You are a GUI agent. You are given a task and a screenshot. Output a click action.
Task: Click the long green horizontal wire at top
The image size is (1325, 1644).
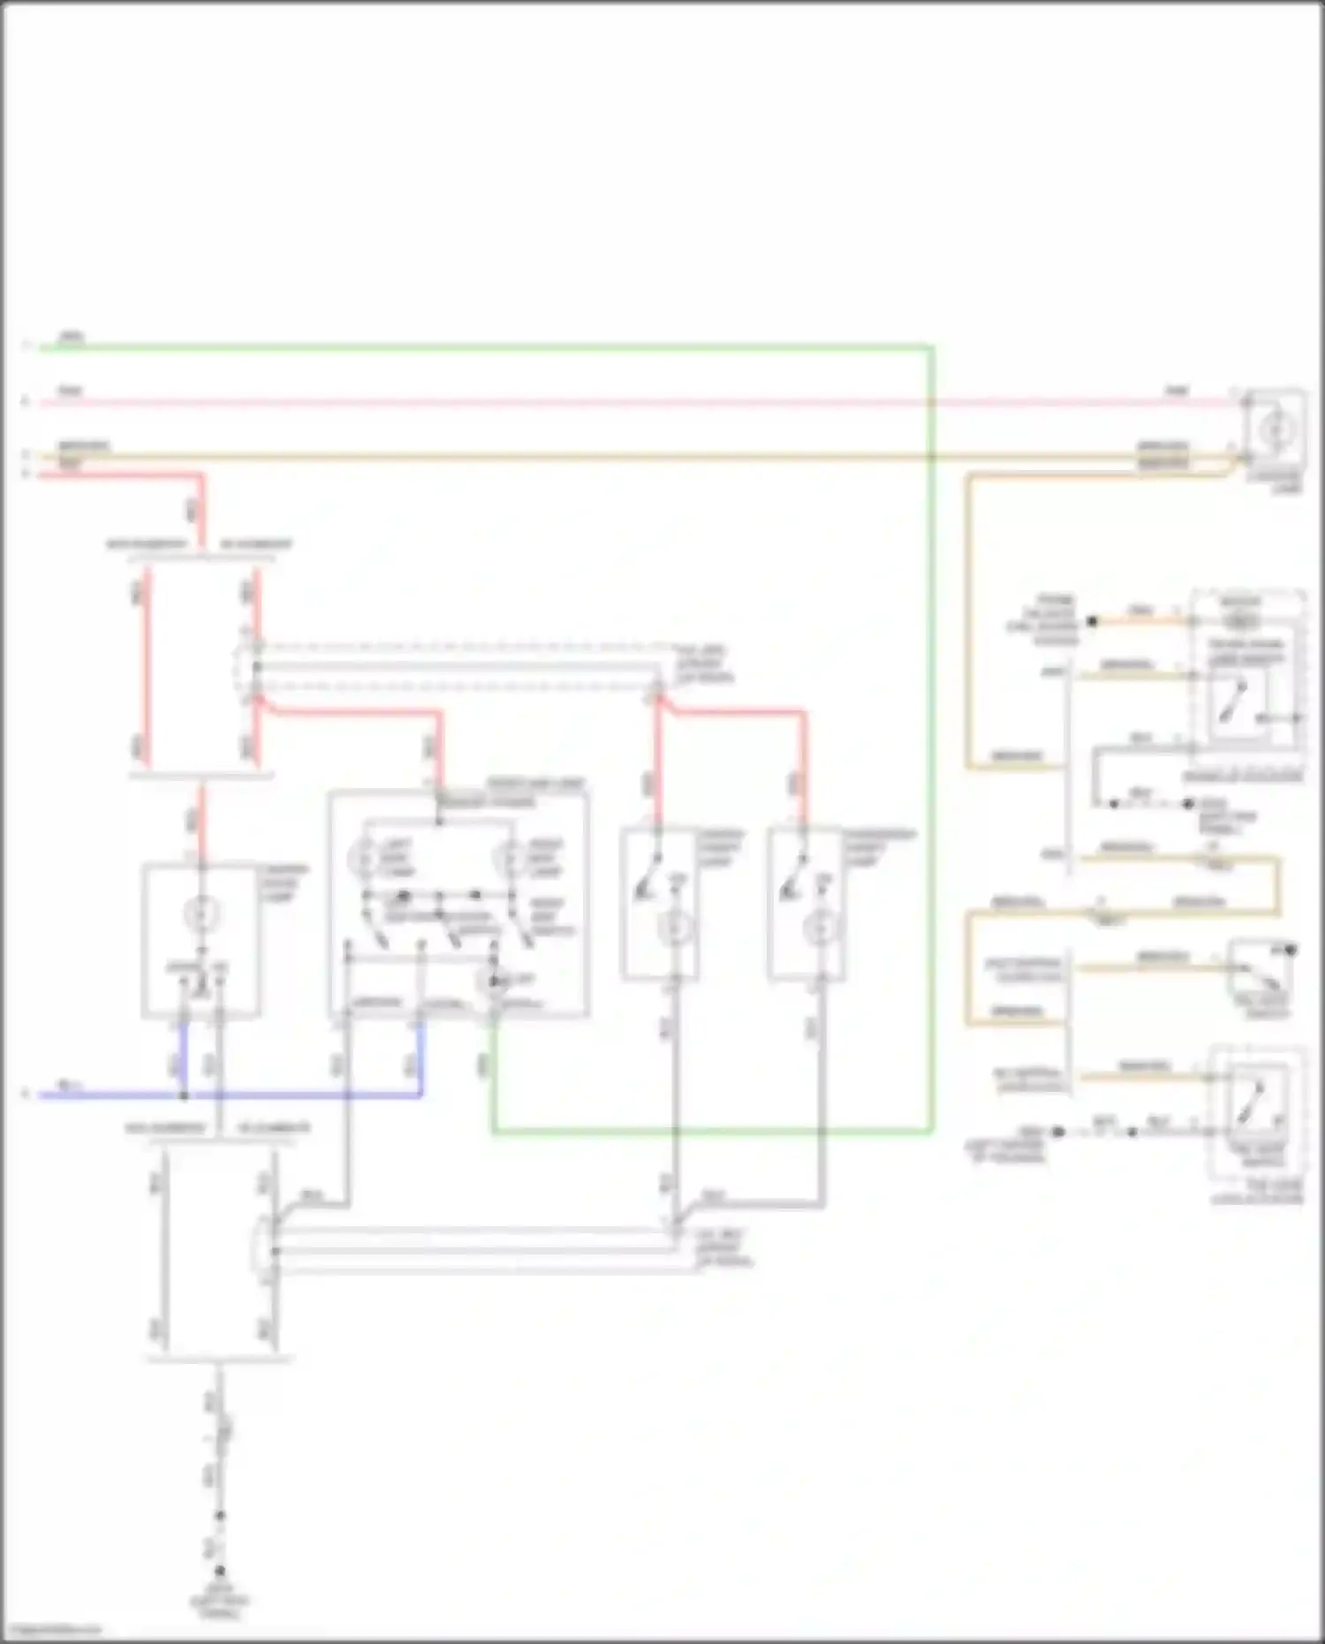coord(486,347)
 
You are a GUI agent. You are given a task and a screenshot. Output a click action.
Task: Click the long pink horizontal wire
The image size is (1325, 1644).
coord(618,403)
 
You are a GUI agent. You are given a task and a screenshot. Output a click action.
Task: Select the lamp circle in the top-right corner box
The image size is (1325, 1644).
coord(1273,430)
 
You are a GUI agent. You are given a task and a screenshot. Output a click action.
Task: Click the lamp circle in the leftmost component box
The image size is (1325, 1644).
coord(201,912)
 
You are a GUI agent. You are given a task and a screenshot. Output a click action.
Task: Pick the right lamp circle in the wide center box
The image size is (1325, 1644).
coord(511,857)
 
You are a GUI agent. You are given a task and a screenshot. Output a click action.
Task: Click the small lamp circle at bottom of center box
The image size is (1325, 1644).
coord(495,981)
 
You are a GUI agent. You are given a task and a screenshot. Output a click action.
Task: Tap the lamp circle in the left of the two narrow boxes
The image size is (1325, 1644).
coord(676,928)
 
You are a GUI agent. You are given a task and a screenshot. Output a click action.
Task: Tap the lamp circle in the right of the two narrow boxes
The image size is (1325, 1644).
coord(821,928)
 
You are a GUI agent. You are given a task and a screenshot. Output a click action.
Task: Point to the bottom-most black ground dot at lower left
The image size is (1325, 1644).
coord(220,1571)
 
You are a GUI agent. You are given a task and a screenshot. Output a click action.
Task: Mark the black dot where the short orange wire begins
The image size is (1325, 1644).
coord(1092,621)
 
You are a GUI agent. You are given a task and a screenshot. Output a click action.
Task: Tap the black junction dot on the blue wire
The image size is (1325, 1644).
coord(184,1095)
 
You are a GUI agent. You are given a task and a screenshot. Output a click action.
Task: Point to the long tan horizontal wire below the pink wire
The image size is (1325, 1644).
coord(618,458)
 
